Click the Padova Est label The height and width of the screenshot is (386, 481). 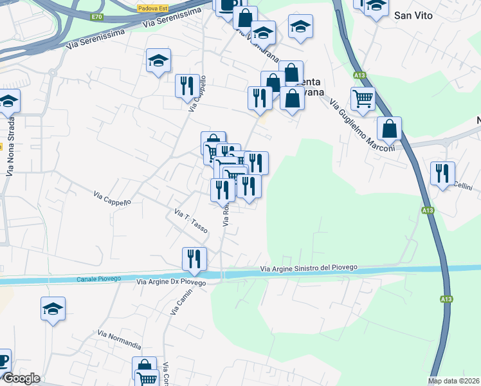click(152, 8)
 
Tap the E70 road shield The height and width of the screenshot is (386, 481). click(97, 17)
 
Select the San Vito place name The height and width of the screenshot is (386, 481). click(412, 16)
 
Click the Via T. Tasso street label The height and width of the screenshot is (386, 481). click(190, 221)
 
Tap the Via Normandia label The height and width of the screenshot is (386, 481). click(120, 340)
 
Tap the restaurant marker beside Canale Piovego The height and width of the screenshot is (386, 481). click(194, 259)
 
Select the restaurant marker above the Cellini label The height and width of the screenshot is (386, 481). click(442, 173)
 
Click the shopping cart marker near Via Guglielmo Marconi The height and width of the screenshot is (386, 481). click(363, 99)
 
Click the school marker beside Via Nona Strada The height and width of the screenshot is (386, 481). click(8, 101)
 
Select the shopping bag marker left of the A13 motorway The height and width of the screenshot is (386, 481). click(389, 128)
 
